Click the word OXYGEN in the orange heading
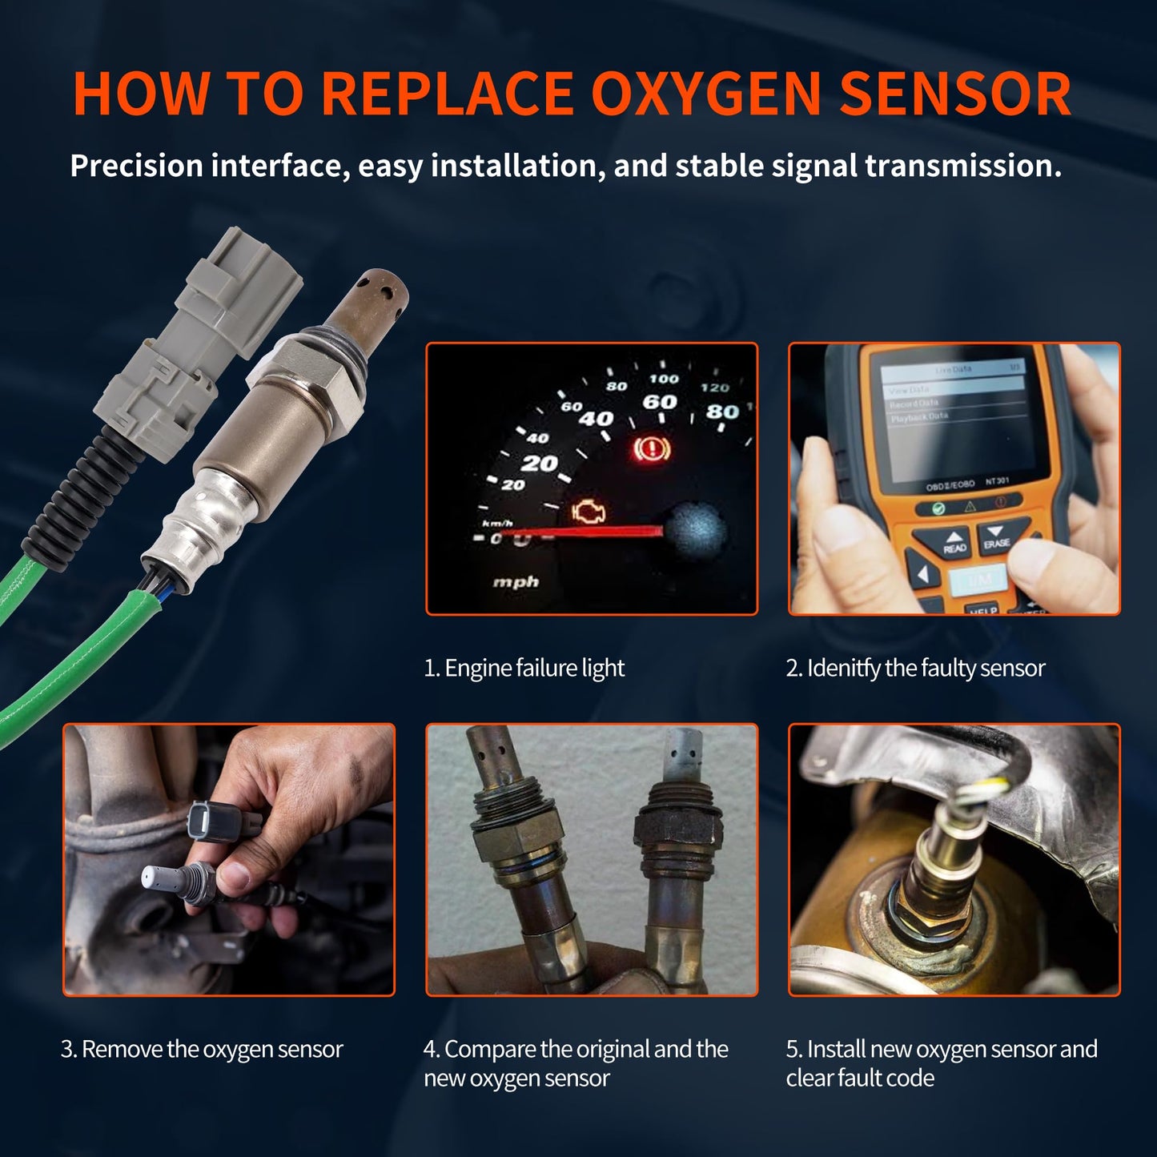(706, 94)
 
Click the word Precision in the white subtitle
(136, 166)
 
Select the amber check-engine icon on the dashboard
(589, 512)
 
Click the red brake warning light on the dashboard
(651, 451)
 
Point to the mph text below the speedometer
(515, 582)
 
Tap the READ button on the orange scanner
(954, 542)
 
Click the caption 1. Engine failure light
(524, 668)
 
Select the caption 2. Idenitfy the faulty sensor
(915, 668)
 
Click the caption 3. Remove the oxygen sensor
(202, 1049)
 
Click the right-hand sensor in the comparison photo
(677, 857)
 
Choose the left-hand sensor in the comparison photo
(512, 857)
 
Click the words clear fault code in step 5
(860, 1078)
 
